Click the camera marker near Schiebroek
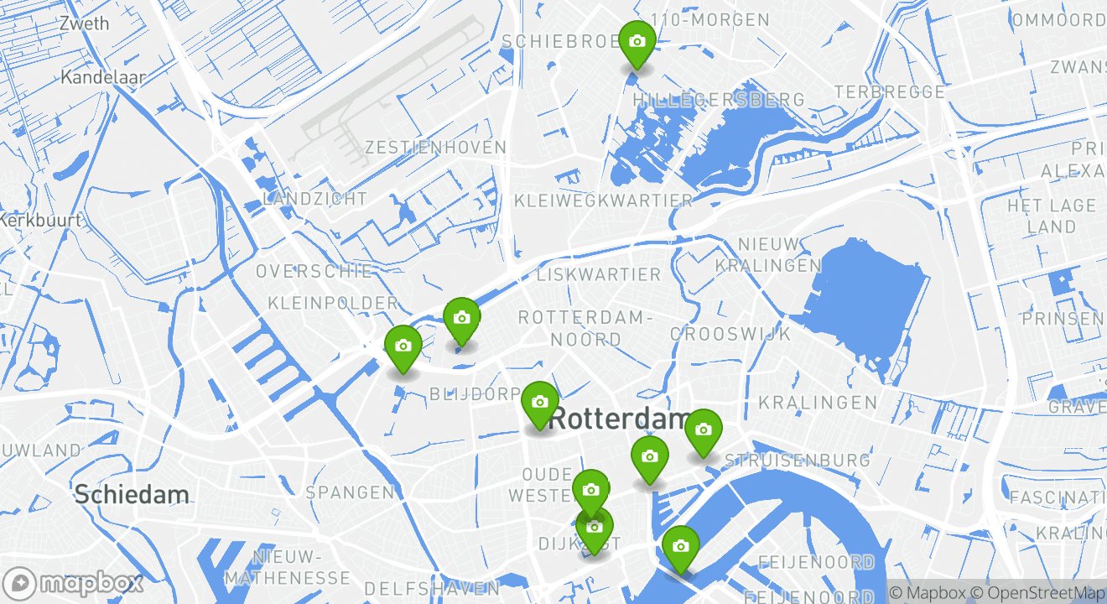[x=637, y=42]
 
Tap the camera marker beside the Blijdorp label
[x=403, y=346]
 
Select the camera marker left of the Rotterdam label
[x=540, y=403]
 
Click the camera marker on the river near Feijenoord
[x=680, y=547]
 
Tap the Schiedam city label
[x=132, y=494]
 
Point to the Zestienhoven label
[x=435, y=148]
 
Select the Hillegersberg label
[x=718, y=100]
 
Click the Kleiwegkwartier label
[x=603, y=200]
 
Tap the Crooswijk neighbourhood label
[x=730, y=334]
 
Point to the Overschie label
[x=314, y=271]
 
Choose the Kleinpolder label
[x=333, y=302]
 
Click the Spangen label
[x=350, y=492]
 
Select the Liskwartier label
[x=598, y=274]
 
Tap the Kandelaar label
[x=103, y=77]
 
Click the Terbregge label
[x=889, y=91]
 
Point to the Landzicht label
[x=314, y=199]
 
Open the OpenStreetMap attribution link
[x=1039, y=593]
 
